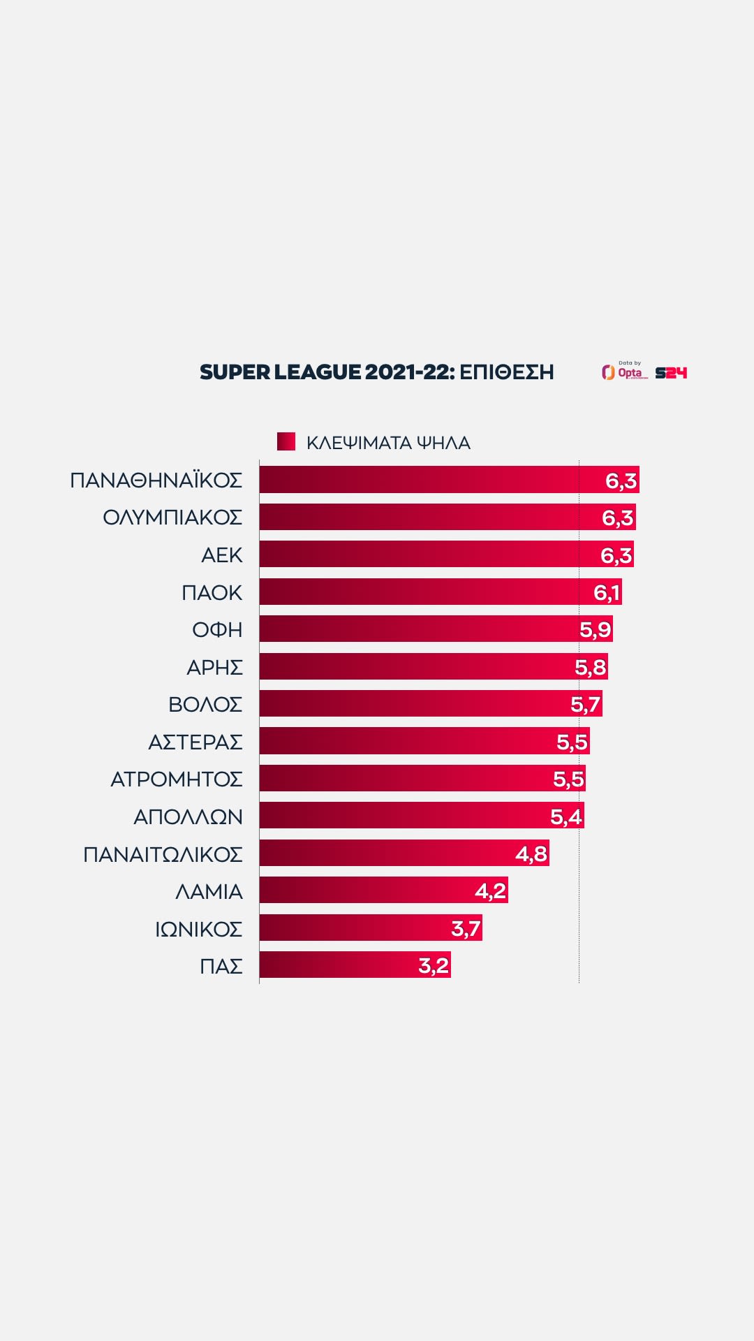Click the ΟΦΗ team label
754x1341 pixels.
point(217,629)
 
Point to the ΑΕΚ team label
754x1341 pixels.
point(221,555)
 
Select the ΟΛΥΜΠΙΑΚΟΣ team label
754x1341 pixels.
point(172,518)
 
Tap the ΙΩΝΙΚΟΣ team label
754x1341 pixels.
point(198,929)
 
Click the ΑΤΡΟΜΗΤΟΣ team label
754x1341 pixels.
point(176,779)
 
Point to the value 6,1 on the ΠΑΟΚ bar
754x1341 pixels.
point(607,592)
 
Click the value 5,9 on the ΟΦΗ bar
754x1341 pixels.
point(595,629)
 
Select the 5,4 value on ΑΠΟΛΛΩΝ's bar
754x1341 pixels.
point(565,816)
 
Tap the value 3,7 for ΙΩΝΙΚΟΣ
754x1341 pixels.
point(466,928)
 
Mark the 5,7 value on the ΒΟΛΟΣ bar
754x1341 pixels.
point(585,704)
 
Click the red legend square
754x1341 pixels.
point(286,441)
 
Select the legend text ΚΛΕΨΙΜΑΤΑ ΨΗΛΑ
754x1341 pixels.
point(388,443)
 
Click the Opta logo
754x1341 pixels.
point(625,372)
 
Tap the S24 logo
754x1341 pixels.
point(671,373)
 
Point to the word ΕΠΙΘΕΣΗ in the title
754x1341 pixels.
point(506,372)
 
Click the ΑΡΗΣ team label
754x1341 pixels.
point(214,667)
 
